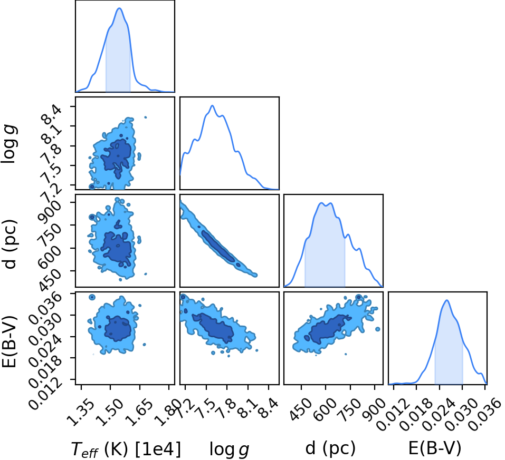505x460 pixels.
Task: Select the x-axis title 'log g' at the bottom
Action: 230,449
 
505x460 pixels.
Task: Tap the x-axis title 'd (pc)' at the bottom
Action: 330,448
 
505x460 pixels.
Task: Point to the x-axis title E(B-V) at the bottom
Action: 435,447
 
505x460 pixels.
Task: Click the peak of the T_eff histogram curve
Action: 119,8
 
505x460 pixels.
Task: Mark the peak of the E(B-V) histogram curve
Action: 447,300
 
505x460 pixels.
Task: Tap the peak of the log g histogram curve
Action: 212,105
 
